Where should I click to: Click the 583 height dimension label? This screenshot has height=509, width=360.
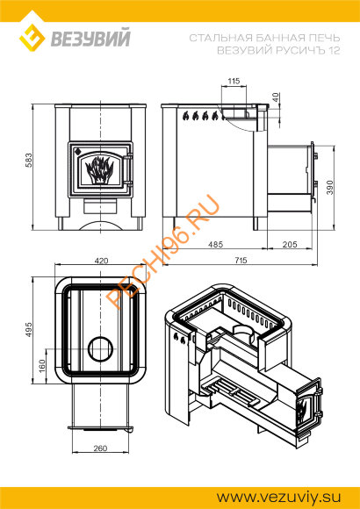pos(29,160)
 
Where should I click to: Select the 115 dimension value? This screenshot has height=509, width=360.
pos(234,81)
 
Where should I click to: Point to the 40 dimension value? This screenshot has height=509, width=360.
pos(276,97)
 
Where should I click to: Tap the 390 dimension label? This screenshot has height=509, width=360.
pos(330,187)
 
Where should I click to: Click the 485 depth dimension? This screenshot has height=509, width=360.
pos(216,244)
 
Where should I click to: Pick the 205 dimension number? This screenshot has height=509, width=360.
pos(290,244)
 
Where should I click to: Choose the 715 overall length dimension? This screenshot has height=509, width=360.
pos(240,260)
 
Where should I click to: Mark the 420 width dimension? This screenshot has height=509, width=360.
pos(101,261)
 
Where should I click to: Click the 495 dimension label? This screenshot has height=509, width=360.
pos(29,329)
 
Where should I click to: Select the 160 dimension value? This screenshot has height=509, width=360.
pos(42,367)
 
